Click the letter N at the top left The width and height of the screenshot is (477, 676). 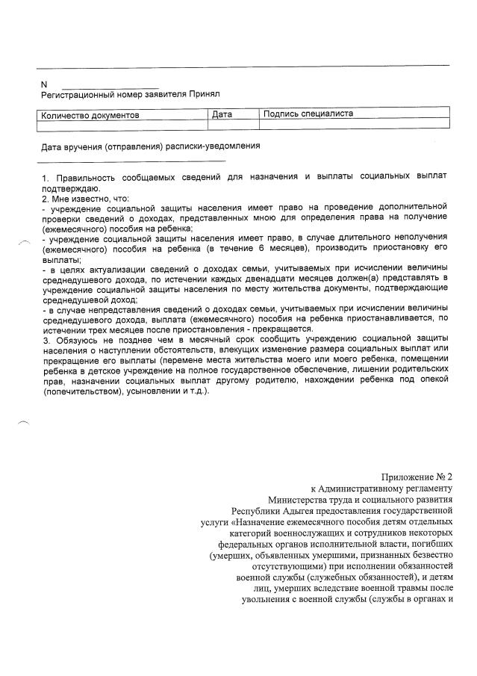43,84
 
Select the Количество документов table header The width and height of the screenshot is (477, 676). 90,115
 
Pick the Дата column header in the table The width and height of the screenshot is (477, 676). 222,114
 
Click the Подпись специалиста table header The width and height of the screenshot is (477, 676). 308,114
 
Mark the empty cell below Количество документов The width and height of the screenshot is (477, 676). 122,125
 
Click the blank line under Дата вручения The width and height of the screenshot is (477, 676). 131,159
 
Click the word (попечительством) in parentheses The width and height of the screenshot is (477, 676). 82,391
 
